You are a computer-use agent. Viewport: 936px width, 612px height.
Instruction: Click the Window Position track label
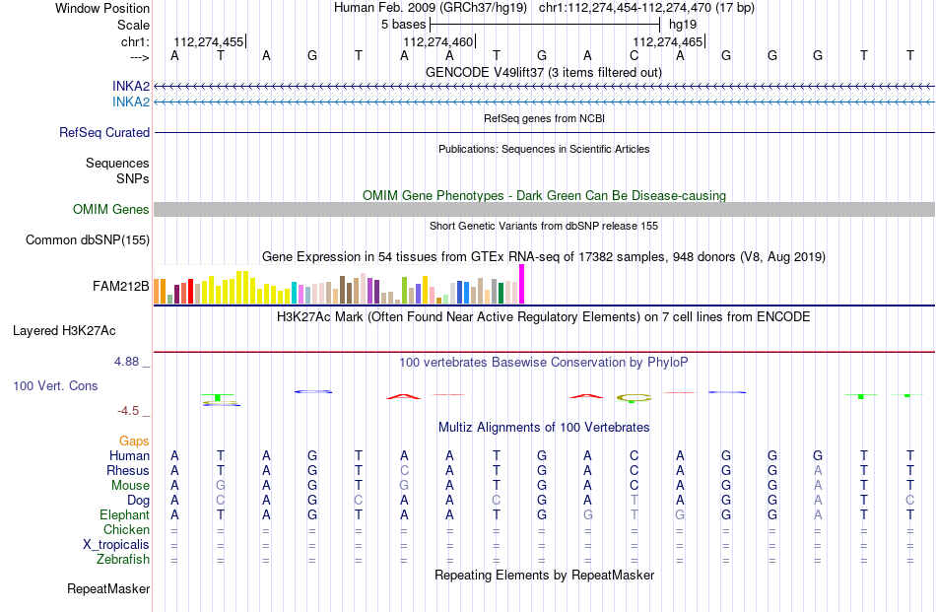tap(102, 8)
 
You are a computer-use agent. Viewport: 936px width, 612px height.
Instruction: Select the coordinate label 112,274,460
tap(438, 41)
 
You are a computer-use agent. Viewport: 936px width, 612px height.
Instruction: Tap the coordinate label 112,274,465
tap(667, 41)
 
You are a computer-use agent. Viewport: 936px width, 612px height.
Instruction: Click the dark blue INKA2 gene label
tap(131, 87)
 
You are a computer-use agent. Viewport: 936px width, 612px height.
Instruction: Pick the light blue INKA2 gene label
tap(131, 102)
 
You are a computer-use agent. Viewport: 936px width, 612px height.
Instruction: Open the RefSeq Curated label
tap(104, 132)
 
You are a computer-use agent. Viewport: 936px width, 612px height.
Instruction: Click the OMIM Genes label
tap(111, 210)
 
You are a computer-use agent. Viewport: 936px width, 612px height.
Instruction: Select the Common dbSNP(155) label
tap(88, 240)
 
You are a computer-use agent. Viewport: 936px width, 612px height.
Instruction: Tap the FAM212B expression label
tap(120, 287)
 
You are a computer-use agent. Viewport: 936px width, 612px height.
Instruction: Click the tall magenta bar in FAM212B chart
tap(522, 284)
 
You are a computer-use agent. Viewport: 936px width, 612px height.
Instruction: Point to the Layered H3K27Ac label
tap(64, 331)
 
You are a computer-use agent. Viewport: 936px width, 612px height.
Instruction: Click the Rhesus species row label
tap(128, 470)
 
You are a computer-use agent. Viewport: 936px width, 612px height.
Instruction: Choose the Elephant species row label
tap(125, 515)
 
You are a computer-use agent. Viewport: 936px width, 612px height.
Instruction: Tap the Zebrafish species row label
tap(123, 560)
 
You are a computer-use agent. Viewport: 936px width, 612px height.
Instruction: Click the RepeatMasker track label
tap(108, 589)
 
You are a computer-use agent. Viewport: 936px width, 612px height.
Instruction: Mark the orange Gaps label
tap(134, 442)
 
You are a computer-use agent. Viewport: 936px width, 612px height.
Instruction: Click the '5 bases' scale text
tap(404, 25)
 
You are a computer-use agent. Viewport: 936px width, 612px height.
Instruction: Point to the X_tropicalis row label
tap(116, 545)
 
